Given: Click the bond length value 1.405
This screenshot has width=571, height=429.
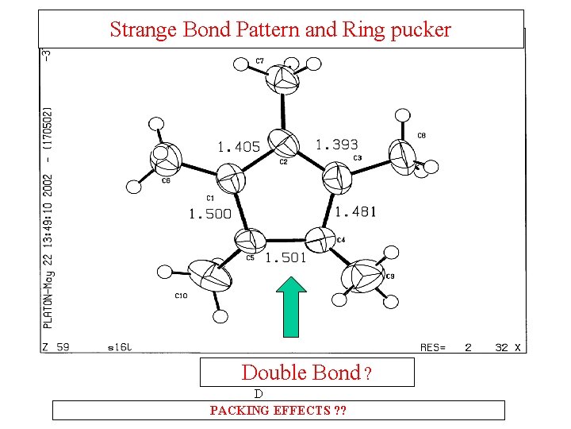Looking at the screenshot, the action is [238, 146].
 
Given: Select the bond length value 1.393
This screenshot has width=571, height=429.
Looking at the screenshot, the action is [337, 145].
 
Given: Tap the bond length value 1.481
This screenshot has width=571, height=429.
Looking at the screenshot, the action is [355, 211].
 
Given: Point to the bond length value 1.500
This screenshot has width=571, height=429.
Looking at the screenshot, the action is [209, 214].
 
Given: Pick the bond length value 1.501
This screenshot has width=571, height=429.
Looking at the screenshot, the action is [285, 257].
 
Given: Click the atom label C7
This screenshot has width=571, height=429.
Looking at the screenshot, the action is [259, 61].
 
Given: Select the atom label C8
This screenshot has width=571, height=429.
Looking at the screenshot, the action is [421, 136].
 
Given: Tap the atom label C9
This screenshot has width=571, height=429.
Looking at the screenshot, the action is [389, 276].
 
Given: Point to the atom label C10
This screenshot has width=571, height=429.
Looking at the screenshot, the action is [181, 296].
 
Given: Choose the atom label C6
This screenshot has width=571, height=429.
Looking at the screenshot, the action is [166, 181].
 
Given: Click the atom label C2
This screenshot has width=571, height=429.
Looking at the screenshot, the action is [283, 161].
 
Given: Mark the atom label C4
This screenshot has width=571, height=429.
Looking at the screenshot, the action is [341, 240].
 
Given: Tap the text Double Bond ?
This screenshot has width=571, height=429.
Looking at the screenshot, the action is [306, 372].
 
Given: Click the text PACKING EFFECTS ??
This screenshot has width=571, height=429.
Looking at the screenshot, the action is [278, 411].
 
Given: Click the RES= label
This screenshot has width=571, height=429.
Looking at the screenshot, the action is [433, 347].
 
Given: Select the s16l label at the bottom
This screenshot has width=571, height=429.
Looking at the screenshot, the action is [119, 347].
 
